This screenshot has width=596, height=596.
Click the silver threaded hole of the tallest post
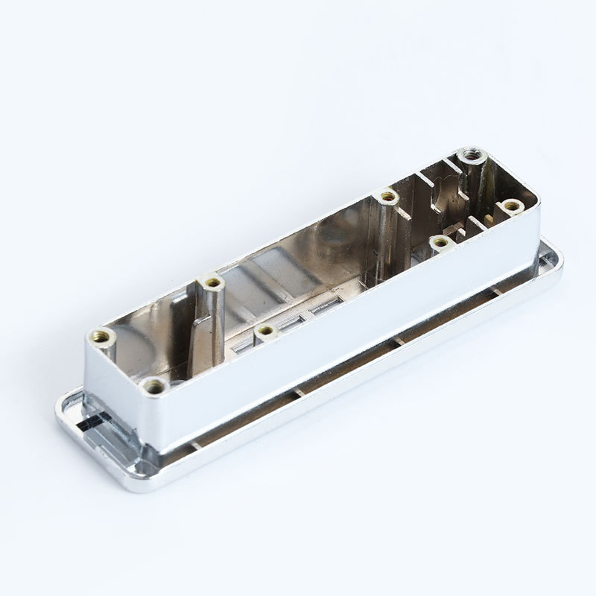point(471,156)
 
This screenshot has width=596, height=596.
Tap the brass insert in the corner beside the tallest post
point(510,205)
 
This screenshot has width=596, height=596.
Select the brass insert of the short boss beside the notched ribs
point(440,241)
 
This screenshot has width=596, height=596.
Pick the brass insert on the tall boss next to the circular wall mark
point(387,197)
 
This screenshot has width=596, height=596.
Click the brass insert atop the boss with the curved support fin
point(213,283)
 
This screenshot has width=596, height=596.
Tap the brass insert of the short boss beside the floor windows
point(264,330)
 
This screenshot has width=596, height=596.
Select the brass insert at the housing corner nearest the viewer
point(155,385)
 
